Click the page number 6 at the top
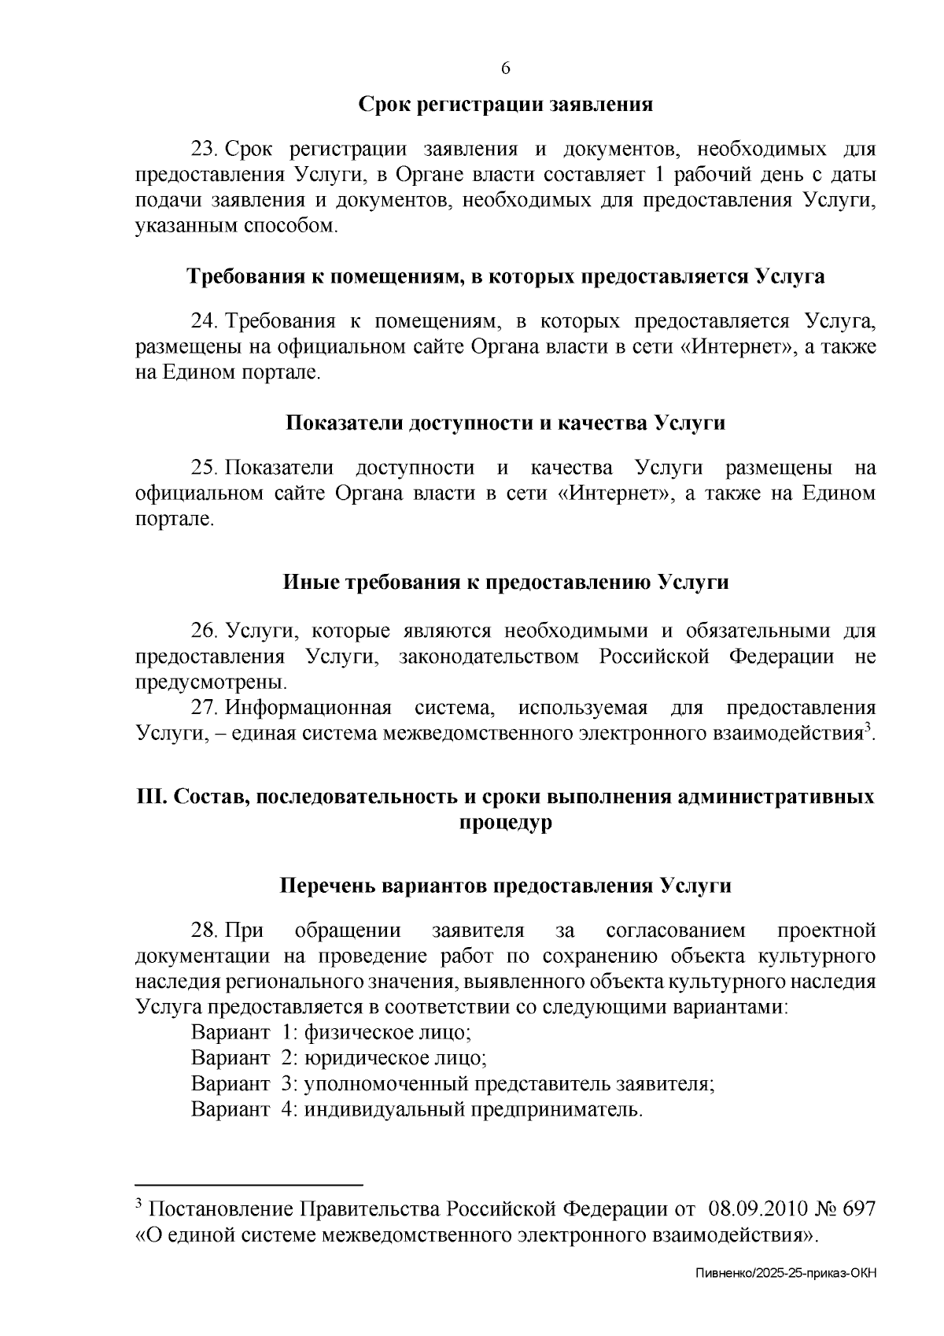click(x=506, y=68)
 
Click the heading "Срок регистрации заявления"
click(x=506, y=105)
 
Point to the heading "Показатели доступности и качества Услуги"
click(x=505, y=423)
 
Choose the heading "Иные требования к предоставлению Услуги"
click(x=505, y=583)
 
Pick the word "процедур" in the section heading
click(x=505, y=823)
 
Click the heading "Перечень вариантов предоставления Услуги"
click(x=505, y=886)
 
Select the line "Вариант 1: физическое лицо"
click(x=331, y=1032)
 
